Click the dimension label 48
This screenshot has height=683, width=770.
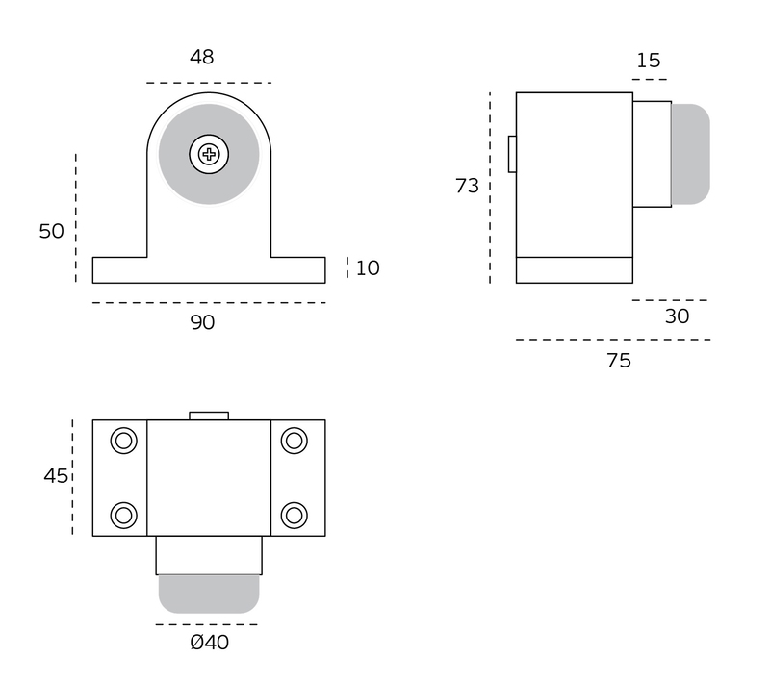pyautogui.click(x=202, y=57)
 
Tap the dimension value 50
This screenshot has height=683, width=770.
pyautogui.click(x=52, y=231)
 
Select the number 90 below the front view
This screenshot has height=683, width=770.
pyautogui.click(x=202, y=322)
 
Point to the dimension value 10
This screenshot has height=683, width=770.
pyautogui.click(x=368, y=267)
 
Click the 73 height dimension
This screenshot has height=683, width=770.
pyautogui.click(x=467, y=186)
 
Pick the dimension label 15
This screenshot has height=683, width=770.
pyautogui.click(x=649, y=61)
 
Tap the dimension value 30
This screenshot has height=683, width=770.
pyautogui.click(x=678, y=316)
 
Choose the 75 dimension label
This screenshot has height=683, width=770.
pyautogui.click(x=619, y=361)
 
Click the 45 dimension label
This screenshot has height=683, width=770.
pyautogui.click(x=56, y=476)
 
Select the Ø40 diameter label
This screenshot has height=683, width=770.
pyautogui.click(x=210, y=643)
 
